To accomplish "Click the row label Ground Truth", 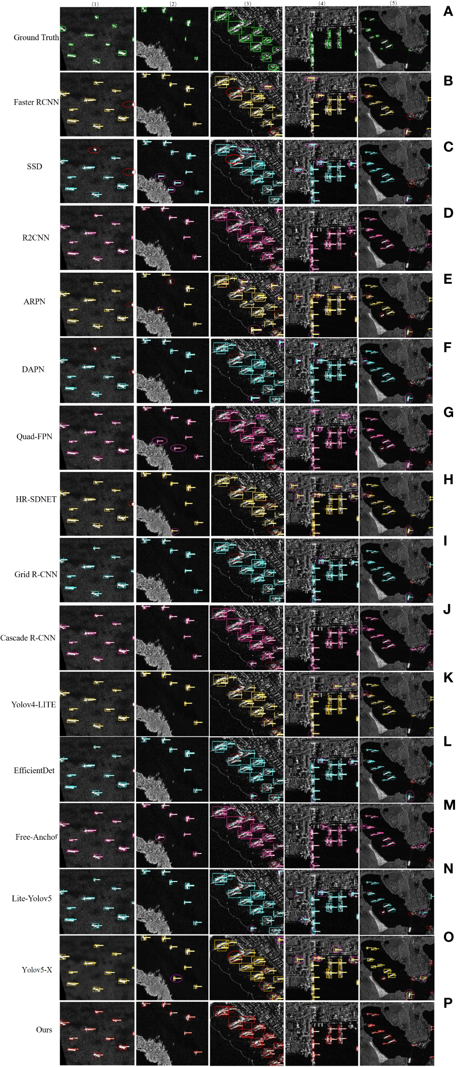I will [36, 37].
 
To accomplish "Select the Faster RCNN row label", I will [36, 102].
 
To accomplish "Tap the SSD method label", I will [34, 167].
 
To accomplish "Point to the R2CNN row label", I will [36, 237].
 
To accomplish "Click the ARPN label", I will [34, 301].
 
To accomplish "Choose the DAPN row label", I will [33, 369].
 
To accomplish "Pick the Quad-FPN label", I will [34, 436].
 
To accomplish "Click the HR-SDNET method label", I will [36, 499].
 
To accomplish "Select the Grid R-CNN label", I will [36, 574].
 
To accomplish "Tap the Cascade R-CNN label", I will [28, 638].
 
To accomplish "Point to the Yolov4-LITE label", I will [34, 704].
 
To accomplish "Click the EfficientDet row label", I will [34, 770].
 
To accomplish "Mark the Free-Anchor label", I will [36, 837].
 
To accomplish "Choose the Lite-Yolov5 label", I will [32, 898].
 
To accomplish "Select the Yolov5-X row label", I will [37, 969].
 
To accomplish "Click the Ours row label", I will [44, 1029].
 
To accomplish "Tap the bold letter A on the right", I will [448, 11].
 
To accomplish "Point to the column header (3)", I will [247, 4].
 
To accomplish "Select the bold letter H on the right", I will [448, 479].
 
